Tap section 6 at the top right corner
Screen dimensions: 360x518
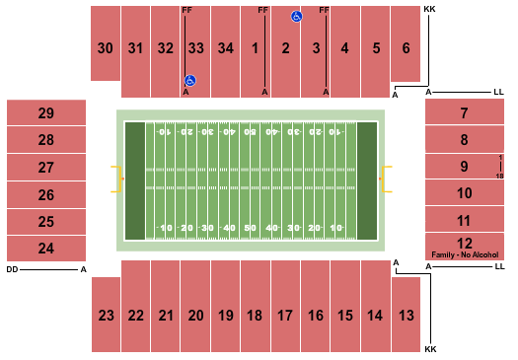click(406, 46)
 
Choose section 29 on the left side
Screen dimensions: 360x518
click(46, 112)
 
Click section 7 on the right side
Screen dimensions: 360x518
click(464, 112)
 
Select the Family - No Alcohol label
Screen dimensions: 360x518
click(464, 254)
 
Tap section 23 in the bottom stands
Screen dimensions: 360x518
click(105, 316)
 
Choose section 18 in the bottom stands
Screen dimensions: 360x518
click(255, 316)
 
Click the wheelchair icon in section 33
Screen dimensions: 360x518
click(190, 81)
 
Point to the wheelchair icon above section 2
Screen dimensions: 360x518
click(295, 17)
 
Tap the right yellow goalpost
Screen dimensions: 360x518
click(388, 180)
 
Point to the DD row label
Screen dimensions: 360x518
click(12, 268)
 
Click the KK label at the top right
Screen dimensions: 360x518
click(429, 9)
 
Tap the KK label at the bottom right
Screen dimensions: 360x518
click(429, 350)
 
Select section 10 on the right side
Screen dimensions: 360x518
click(464, 193)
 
